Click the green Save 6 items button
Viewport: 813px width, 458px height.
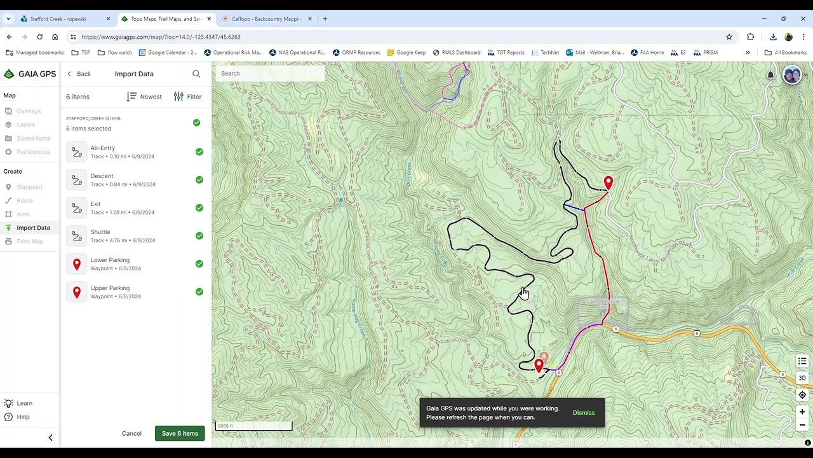pos(180,433)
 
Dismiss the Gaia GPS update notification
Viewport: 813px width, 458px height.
pos(583,412)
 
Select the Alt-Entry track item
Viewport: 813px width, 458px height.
pos(103,151)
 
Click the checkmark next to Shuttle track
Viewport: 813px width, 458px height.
pos(199,236)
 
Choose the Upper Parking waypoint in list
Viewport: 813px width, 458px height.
pos(110,291)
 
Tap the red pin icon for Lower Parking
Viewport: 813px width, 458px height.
pos(77,264)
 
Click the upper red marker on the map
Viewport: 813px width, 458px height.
pos(608,183)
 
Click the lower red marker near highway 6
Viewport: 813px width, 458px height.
pos(539,365)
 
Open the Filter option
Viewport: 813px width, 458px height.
pos(188,97)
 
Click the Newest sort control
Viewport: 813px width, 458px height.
pos(144,97)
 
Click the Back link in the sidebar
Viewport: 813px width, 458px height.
pos(79,74)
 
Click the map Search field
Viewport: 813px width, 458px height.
pos(270,73)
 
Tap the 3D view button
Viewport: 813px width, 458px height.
pos(802,378)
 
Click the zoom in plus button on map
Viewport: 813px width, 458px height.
pos(802,412)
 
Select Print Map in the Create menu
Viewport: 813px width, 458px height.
pos(30,241)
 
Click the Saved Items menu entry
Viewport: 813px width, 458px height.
pos(34,138)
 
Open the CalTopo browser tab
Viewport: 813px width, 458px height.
pos(265,18)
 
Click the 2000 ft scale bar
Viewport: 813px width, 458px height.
pos(253,426)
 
